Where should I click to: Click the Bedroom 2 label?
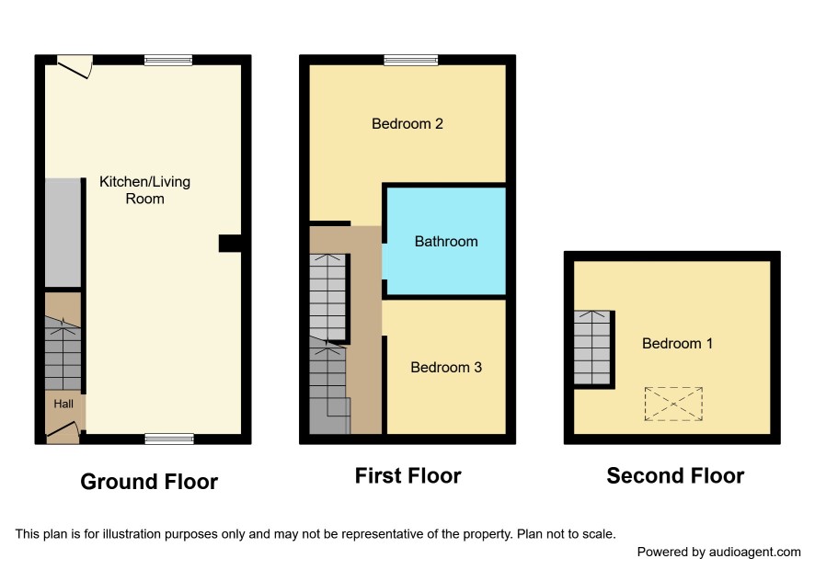coord(407,124)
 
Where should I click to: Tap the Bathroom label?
coord(446,241)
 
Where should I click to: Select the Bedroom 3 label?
coord(446,368)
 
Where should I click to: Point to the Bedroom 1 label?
coord(677,344)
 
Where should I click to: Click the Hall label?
coord(63,404)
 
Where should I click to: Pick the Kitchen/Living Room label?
coord(144,190)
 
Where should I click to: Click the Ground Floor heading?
coord(149,482)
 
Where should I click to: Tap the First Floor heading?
coord(408,475)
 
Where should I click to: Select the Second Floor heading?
coord(675,475)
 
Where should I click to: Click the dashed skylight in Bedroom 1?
coord(673,404)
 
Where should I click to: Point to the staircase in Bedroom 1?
coord(592,348)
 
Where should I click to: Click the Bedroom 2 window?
coord(410,61)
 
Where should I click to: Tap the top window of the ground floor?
coord(168,61)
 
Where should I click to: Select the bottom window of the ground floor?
coord(169,439)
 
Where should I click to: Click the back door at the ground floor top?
coord(75,67)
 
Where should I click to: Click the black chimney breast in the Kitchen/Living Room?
coord(230,244)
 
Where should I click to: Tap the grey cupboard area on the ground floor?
coord(63,233)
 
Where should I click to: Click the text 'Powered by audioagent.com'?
coord(718,553)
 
